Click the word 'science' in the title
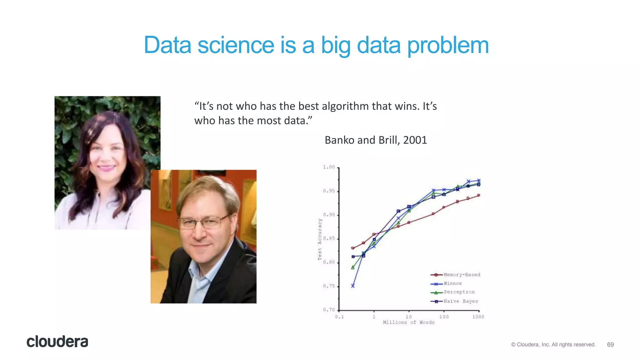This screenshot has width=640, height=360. (236, 45)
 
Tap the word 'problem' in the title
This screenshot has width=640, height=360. (448, 46)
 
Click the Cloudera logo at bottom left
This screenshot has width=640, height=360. (57, 342)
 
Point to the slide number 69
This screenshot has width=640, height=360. (610, 345)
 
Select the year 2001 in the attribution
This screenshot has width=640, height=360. (415, 140)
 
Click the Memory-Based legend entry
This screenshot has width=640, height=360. (455, 275)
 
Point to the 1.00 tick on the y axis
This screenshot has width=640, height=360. (329, 167)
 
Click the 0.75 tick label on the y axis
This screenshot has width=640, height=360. (329, 286)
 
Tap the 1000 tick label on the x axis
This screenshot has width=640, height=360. (478, 317)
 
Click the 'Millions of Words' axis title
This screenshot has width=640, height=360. (409, 322)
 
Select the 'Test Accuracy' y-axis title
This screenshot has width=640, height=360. (320, 239)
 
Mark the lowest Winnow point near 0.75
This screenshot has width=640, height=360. (353, 286)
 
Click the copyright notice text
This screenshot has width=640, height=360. (553, 345)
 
